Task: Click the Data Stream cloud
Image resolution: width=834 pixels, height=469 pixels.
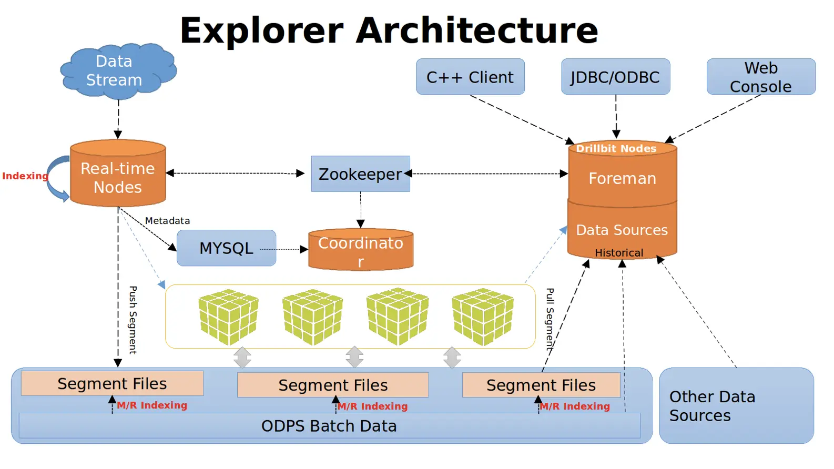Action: [x=117, y=72]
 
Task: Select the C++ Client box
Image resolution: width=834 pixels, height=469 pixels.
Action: [x=470, y=77]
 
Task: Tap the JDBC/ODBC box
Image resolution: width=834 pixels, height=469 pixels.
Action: [x=615, y=77]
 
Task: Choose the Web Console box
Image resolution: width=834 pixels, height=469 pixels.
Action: [x=760, y=77]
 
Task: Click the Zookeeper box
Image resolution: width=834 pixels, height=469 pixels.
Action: [x=360, y=174]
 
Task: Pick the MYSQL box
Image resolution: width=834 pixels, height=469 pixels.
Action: [x=226, y=248]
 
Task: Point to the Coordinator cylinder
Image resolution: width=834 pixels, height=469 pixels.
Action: [x=361, y=250]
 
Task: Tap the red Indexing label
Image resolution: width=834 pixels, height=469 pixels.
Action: [x=25, y=176]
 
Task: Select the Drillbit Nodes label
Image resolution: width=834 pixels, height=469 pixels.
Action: [x=616, y=149]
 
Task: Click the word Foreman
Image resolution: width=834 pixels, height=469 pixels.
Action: [x=622, y=179]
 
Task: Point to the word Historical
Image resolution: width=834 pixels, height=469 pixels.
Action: [x=619, y=253]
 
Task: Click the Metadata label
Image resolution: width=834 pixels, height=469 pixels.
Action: [x=167, y=221]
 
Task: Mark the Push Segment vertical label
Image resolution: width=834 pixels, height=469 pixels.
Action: [x=133, y=320]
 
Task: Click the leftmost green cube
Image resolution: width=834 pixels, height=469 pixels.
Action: [x=228, y=317]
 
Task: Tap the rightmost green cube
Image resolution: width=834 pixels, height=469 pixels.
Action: [x=483, y=317]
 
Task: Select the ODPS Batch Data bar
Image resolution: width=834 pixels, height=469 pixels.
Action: [x=329, y=426]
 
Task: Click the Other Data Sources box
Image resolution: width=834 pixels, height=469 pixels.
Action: [x=736, y=405]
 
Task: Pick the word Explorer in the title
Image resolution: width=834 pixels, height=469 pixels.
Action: [x=261, y=30]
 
